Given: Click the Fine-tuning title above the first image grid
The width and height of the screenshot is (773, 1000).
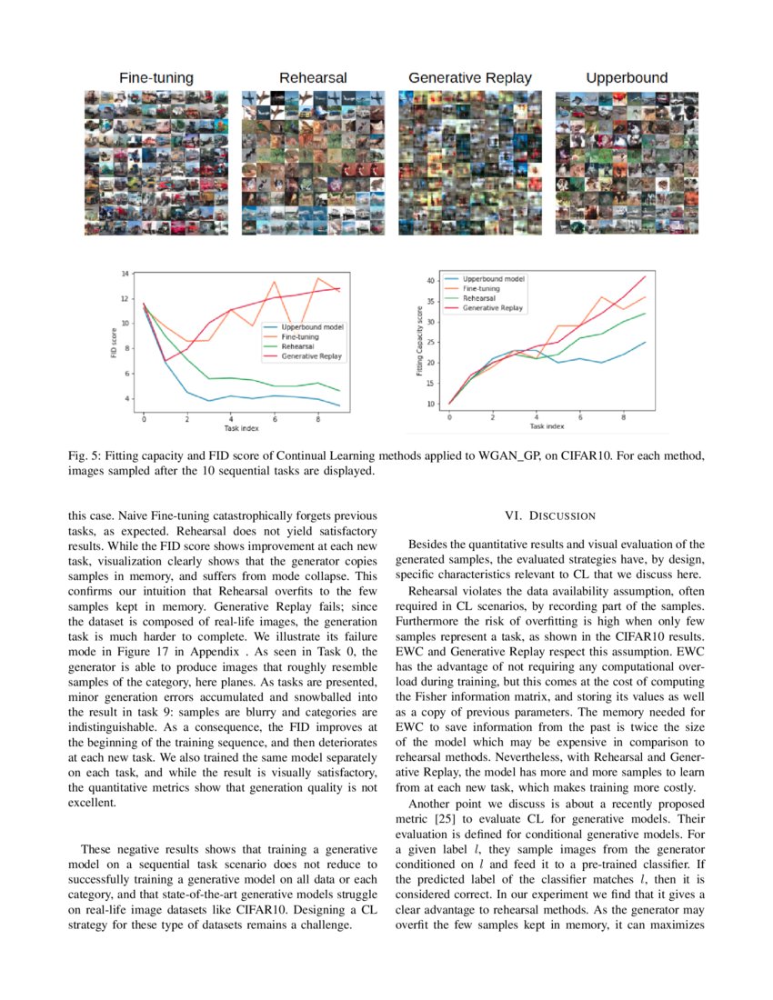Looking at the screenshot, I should [x=156, y=78].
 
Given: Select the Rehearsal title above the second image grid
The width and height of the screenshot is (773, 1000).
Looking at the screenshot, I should [x=313, y=78].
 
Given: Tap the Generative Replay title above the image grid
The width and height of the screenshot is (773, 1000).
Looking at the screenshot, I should [x=470, y=78].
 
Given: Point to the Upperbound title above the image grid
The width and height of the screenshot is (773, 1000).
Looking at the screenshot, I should [x=627, y=78].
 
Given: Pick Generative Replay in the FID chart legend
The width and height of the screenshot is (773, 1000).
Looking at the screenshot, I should [x=312, y=356].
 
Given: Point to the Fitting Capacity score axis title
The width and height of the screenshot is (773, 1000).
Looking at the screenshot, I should [x=419, y=339].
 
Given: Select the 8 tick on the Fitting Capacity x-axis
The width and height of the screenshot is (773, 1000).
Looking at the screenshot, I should [x=623, y=418].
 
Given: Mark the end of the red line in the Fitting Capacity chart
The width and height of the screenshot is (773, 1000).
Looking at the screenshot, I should [x=645, y=276].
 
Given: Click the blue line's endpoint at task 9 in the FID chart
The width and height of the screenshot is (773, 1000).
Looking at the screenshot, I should [x=339, y=405].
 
